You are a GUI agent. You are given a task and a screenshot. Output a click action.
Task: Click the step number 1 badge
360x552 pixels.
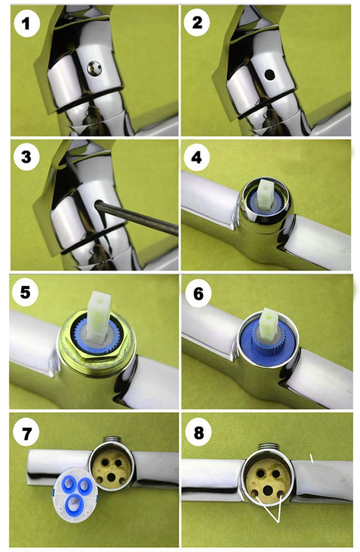click(26, 24)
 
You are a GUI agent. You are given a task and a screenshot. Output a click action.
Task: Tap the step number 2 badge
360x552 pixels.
click(197, 23)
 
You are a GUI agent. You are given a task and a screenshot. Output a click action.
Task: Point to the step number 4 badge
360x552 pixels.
click(196, 158)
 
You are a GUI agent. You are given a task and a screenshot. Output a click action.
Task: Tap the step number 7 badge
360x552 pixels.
click(26, 433)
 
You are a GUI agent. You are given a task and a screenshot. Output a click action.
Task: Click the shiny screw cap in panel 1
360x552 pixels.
click(94, 68)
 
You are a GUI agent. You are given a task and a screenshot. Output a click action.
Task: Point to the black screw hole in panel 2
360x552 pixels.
click(269, 74)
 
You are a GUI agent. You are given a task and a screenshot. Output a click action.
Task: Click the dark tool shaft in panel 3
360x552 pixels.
click(137, 218)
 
